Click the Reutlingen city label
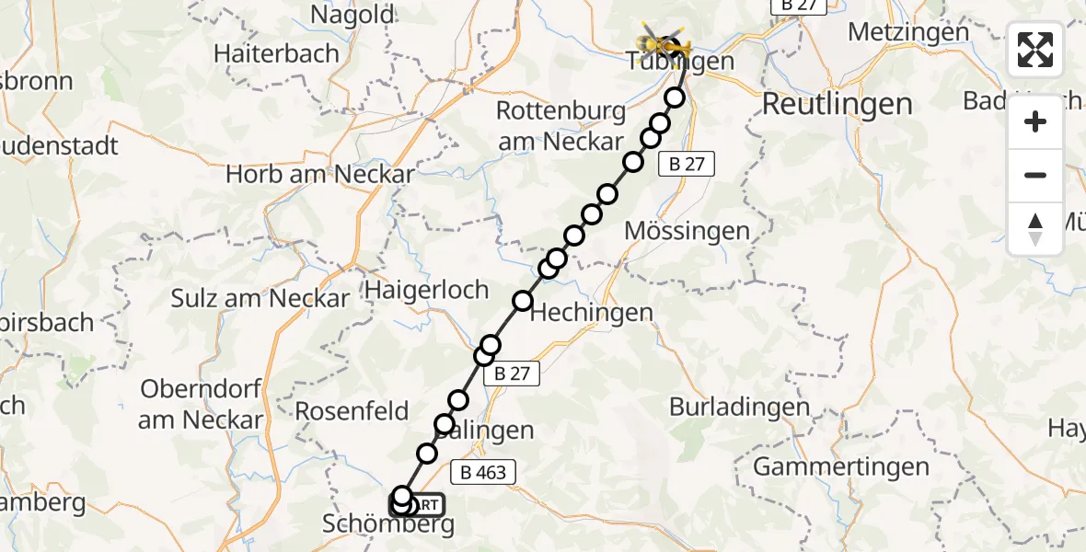837,104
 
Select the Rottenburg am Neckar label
561,126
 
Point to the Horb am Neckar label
320,173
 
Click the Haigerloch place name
427,290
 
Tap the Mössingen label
687,231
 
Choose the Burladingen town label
740,406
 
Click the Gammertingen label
841,466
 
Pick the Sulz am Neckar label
260,298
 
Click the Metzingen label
908,31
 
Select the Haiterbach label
276,53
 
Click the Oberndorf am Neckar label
202,404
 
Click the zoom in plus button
1035,121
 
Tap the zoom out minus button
1035,175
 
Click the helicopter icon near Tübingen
664,40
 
